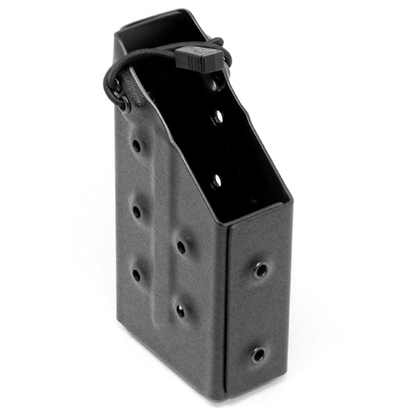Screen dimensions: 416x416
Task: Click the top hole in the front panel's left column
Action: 136,146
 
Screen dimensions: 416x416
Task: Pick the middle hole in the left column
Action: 136,210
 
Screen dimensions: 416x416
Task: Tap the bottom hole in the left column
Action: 137,275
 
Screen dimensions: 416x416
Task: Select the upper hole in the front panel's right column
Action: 181,245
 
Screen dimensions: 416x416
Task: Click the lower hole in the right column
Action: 181,311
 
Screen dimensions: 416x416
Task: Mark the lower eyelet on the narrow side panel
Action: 258,355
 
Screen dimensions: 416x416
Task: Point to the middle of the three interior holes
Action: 217,117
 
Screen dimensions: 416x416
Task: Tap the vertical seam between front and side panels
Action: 225,312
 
